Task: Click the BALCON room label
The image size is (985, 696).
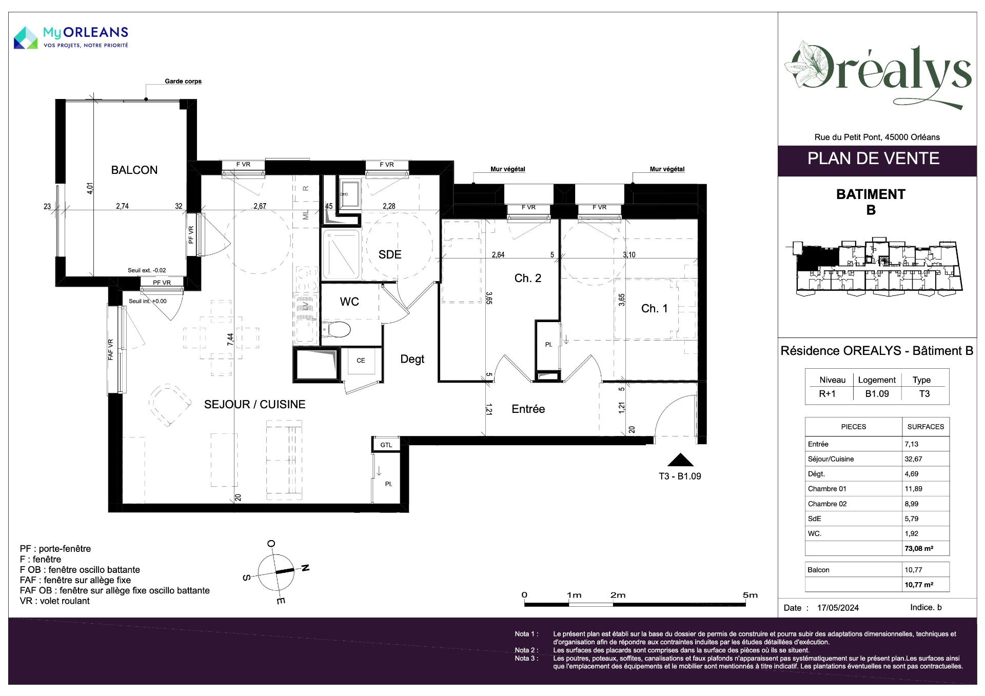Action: [134, 170]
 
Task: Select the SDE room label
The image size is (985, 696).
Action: [390, 254]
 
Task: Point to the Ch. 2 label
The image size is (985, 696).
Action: [528, 278]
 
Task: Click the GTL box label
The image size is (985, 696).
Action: [386, 445]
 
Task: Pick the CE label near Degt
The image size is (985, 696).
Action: [361, 361]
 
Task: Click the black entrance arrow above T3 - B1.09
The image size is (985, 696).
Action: [680, 460]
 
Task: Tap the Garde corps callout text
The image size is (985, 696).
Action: [183, 81]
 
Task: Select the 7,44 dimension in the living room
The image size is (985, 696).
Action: [230, 340]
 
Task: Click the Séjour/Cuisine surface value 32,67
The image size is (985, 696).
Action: [914, 459]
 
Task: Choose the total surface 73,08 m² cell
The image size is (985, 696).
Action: [919, 548]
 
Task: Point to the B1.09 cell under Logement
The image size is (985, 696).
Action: [877, 393]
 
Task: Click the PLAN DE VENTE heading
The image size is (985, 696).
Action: [873, 158]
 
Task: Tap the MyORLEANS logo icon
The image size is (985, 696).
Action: [26, 38]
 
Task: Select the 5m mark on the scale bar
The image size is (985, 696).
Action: [750, 595]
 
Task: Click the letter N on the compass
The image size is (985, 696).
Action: [305, 568]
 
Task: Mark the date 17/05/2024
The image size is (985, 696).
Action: [838, 608]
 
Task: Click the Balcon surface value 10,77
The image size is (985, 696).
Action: [913, 570]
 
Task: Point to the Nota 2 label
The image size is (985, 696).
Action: [526, 650]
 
